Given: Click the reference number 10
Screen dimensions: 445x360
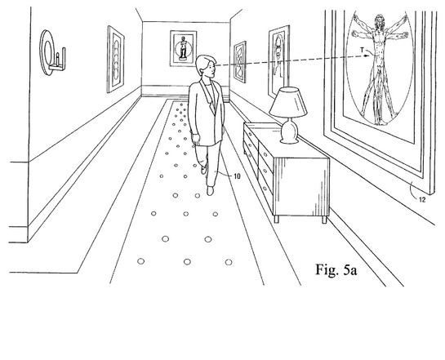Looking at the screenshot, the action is (x=238, y=176).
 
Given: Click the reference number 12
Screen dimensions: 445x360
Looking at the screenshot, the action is (x=422, y=200).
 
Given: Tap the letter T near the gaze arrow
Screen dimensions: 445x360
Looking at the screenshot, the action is (x=362, y=50).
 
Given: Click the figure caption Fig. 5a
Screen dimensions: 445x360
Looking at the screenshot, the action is (x=336, y=269).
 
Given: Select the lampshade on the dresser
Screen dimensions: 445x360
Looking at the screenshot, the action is (x=288, y=102).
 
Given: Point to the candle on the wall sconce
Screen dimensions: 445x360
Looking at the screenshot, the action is (x=58, y=59).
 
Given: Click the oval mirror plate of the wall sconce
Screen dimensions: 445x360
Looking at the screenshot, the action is (x=47, y=53).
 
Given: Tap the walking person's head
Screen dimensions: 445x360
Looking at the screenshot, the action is (x=206, y=66).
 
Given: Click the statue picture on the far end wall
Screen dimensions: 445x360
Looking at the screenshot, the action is (x=184, y=48).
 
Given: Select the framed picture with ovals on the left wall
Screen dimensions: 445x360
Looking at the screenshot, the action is (x=115, y=60).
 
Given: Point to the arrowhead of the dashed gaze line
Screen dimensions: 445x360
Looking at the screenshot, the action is (x=367, y=56).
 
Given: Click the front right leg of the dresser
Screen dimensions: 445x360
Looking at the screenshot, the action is (x=324, y=220).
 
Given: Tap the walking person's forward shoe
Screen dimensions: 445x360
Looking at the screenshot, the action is (x=210, y=190).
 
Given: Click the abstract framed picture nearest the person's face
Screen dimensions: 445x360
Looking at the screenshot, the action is (x=240, y=62).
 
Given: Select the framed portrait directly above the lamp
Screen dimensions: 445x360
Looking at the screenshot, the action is (x=279, y=62).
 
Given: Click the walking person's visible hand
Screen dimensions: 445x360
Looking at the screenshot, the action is (x=195, y=140).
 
